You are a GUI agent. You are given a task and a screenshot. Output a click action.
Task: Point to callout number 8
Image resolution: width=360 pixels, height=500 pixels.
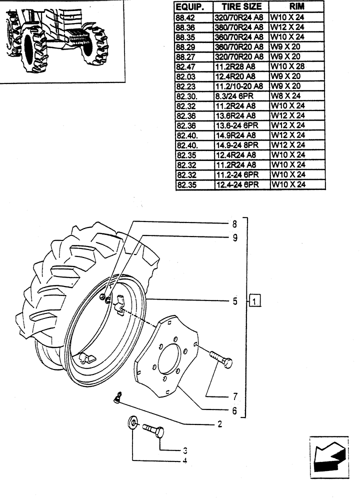(233, 224)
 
